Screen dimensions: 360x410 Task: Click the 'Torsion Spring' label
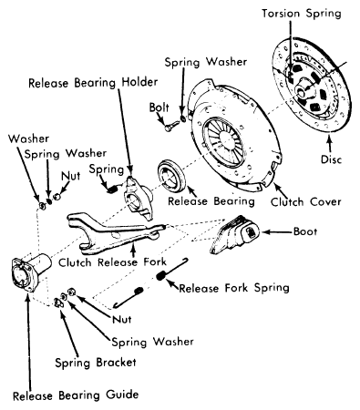[x=302, y=14]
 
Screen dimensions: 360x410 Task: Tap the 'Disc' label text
[x=331, y=159]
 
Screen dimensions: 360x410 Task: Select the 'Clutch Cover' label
[x=305, y=202]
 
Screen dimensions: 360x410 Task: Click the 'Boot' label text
[x=305, y=231]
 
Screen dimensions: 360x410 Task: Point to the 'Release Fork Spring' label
[x=234, y=288]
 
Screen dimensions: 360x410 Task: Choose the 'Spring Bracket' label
[x=96, y=363]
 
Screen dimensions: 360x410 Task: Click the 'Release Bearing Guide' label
[x=76, y=395]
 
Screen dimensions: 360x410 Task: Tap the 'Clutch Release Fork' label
[x=112, y=262]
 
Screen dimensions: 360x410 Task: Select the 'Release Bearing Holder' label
[x=93, y=83]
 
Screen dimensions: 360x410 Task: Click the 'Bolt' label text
[x=159, y=108]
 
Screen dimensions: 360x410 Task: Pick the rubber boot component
[x=234, y=234]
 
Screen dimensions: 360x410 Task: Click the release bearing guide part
[x=29, y=272]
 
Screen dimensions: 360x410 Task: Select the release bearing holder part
[x=139, y=198]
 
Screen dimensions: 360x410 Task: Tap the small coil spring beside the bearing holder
[x=112, y=189]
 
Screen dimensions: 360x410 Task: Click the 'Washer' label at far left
[x=28, y=138]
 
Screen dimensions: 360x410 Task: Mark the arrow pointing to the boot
[x=277, y=232]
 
